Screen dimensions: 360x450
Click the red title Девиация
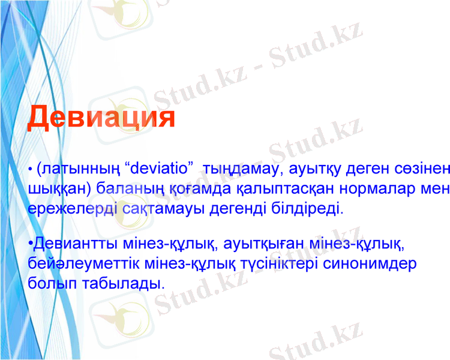pyautogui.click(x=101, y=116)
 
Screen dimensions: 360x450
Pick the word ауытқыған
pyautogui.click(x=266, y=244)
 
